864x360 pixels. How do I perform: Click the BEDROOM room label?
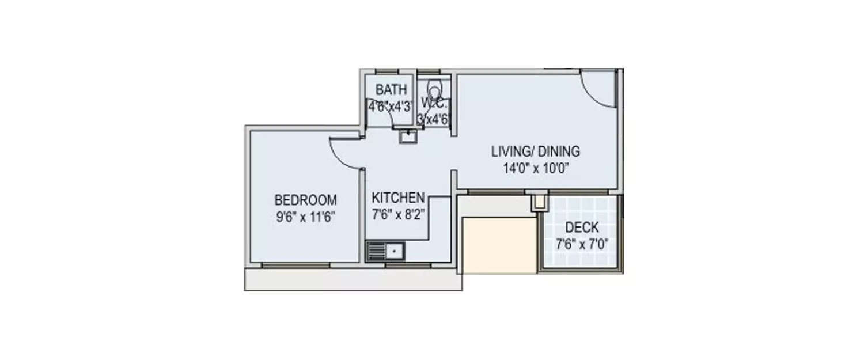pyautogui.click(x=305, y=200)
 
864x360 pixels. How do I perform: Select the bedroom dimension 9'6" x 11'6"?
pyautogui.click(x=305, y=217)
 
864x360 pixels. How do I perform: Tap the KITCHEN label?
pyautogui.click(x=398, y=198)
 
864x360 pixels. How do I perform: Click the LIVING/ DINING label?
pyautogui.click(x=535, y=152)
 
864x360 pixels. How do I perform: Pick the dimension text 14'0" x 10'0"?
pyautogui.click(x=535, y=169)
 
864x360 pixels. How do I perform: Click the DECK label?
pyautogui.click(x=582, y=228)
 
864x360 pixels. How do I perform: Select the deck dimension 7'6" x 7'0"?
pyautogui.click(x=582, y=244)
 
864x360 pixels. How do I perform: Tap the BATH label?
pyautogui.click(x=391, y=90)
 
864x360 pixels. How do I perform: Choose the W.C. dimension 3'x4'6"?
pyautogui.click(x=433, y=119)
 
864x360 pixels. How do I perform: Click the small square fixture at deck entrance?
pyautogui.click(x=539, y=202)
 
